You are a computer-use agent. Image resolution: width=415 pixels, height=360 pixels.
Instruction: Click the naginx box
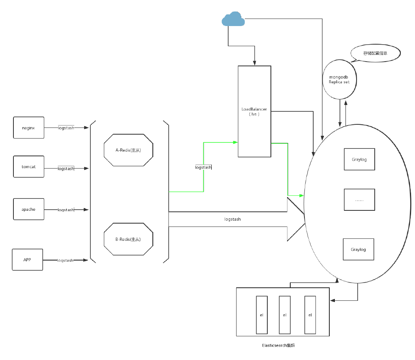coord(29,127)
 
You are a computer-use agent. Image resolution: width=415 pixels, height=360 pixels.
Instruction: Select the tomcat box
coord(29,167)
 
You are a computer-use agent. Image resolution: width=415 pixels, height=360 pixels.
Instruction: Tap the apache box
coord(29,209)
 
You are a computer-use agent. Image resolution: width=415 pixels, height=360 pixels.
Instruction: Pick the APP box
coord(27,260)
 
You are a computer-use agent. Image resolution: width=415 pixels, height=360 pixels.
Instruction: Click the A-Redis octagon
coord(128,150)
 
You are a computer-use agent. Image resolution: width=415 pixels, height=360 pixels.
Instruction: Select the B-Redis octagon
coord(128,239)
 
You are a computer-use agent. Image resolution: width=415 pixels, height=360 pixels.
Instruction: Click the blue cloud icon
coord(233,19)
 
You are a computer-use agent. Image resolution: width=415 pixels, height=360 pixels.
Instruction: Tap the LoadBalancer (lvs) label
coord(254,111)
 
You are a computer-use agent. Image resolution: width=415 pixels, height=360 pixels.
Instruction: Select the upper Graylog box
coord(359,159)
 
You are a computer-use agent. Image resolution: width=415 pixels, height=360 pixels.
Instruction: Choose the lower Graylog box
coord(358,249)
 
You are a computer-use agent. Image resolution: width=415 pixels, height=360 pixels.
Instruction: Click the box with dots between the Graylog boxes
coord(359,200)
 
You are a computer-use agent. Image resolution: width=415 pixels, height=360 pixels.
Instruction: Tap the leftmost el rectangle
coord(261,315)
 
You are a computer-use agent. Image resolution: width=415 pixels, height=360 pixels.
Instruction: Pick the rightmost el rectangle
coord(310,315)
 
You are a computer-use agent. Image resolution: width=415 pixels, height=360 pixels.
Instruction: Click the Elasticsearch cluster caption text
coord(279,345)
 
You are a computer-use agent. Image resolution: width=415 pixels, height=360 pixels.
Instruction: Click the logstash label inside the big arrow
coord(232,219)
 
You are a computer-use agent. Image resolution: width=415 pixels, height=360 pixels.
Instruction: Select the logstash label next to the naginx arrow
coord(66,128)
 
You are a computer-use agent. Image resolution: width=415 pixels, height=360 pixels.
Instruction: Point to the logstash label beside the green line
coord(203,167)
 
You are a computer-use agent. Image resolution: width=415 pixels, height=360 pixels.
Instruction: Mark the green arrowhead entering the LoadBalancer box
coord(236,142)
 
